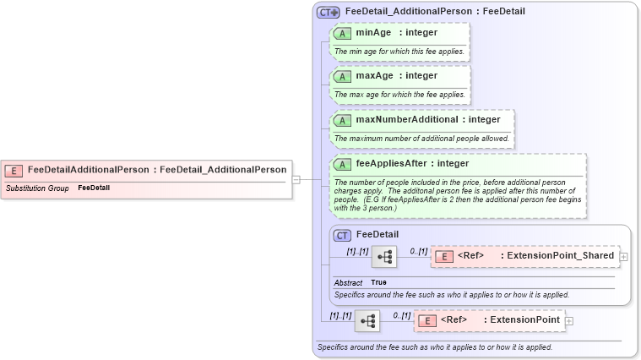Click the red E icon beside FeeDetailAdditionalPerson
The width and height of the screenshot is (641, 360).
click(x=14, y=170)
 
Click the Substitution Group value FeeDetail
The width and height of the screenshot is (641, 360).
click(x=94, y=188)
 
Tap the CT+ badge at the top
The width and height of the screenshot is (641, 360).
click(x=328, y=13)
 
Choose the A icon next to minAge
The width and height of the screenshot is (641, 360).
click(x=343, y=33)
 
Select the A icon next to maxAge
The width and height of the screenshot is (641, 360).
click(x=343, y=76)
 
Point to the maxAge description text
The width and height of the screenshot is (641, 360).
click(x=399, y=94)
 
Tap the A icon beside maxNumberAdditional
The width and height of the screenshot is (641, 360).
click(x=343, y=120)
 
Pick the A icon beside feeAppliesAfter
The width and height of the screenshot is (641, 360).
click(x=343, y=164)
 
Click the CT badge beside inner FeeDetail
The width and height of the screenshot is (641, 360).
click(x=342, y=235)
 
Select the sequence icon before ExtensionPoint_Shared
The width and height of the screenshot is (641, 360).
click(x=384, y=257)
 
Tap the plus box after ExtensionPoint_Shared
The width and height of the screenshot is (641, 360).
click(x=623, y=257)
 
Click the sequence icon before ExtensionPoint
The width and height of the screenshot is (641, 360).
click(x=367, y=321)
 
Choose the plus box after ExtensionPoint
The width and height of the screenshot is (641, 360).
click(x=569, y=321)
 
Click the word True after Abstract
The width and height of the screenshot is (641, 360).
click(x=378, y=282)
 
